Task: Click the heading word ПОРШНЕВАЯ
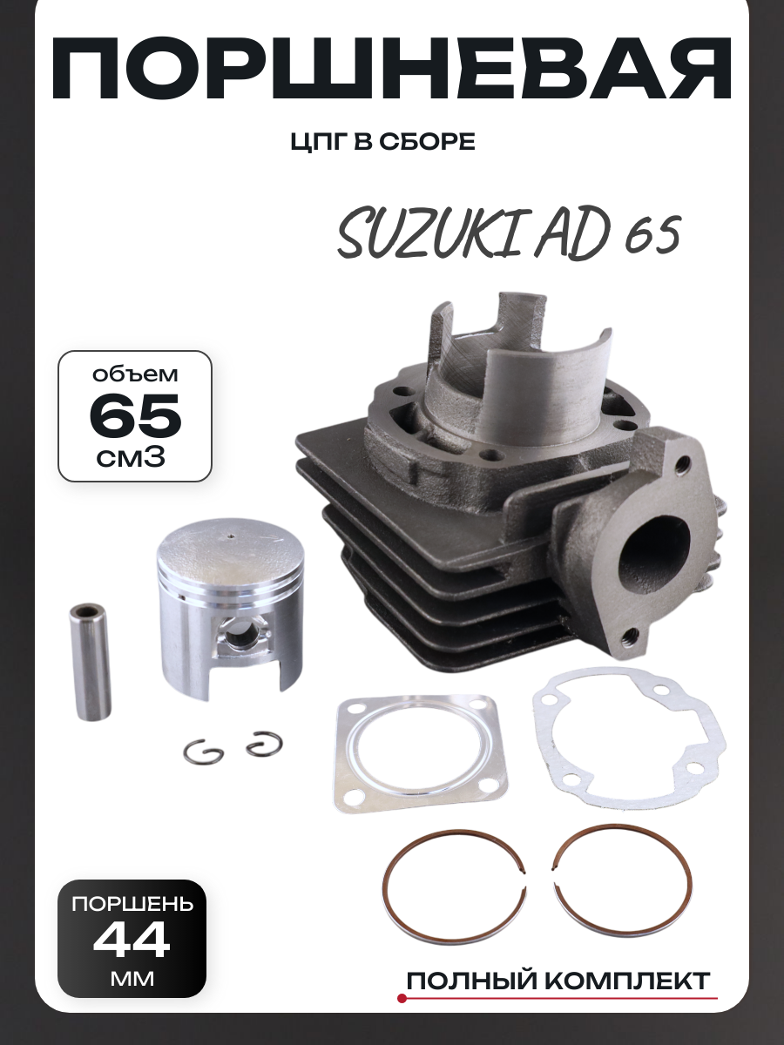point(391,70)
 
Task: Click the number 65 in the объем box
point(136,416)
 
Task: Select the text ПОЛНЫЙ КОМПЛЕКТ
point(558,981)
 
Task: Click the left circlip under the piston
point(203,751)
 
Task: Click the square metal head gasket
point(421,752)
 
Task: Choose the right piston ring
point(622,883)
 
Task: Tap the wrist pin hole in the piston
point(241,635)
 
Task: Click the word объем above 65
point(135,375)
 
